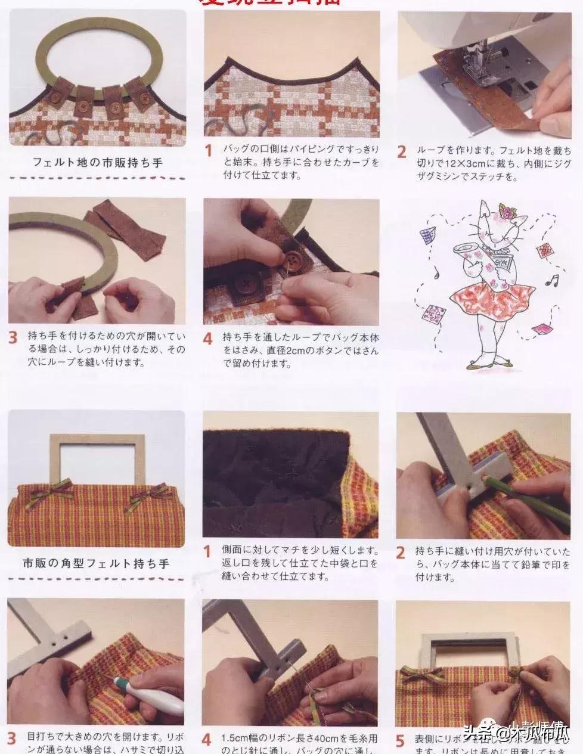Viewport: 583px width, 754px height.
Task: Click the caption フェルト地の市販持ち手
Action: pos(97,162)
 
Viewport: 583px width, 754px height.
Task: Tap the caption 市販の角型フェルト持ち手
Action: pos(96,562)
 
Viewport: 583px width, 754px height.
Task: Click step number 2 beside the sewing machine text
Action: pos(402,151)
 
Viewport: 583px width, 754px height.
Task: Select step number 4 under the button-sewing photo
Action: pos(207,339)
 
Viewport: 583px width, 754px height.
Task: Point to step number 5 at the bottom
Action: pos(401,741)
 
